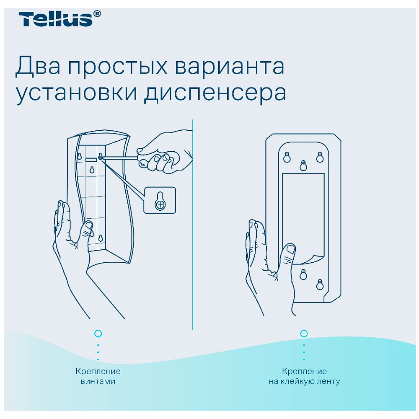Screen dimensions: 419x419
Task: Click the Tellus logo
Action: pos(55,19)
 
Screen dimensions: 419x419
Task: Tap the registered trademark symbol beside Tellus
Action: pos(97,14)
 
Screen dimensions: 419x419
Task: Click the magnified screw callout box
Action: pos(160,200)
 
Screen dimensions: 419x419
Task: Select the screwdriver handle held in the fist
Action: pos(157,161)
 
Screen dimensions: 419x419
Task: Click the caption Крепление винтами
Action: pos(98,376)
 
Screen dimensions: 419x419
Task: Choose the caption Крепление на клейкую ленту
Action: pos(304,376)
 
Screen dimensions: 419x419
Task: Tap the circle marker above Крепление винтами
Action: pos(98,334)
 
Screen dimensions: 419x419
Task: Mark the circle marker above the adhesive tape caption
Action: pos(304,334)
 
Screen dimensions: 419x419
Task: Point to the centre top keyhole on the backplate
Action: pos(303,165)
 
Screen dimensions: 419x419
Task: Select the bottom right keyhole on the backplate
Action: pos(320,284)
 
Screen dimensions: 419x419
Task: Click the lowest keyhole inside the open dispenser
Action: pos(101,238)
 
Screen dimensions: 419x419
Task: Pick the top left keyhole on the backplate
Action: pos(287,157)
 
